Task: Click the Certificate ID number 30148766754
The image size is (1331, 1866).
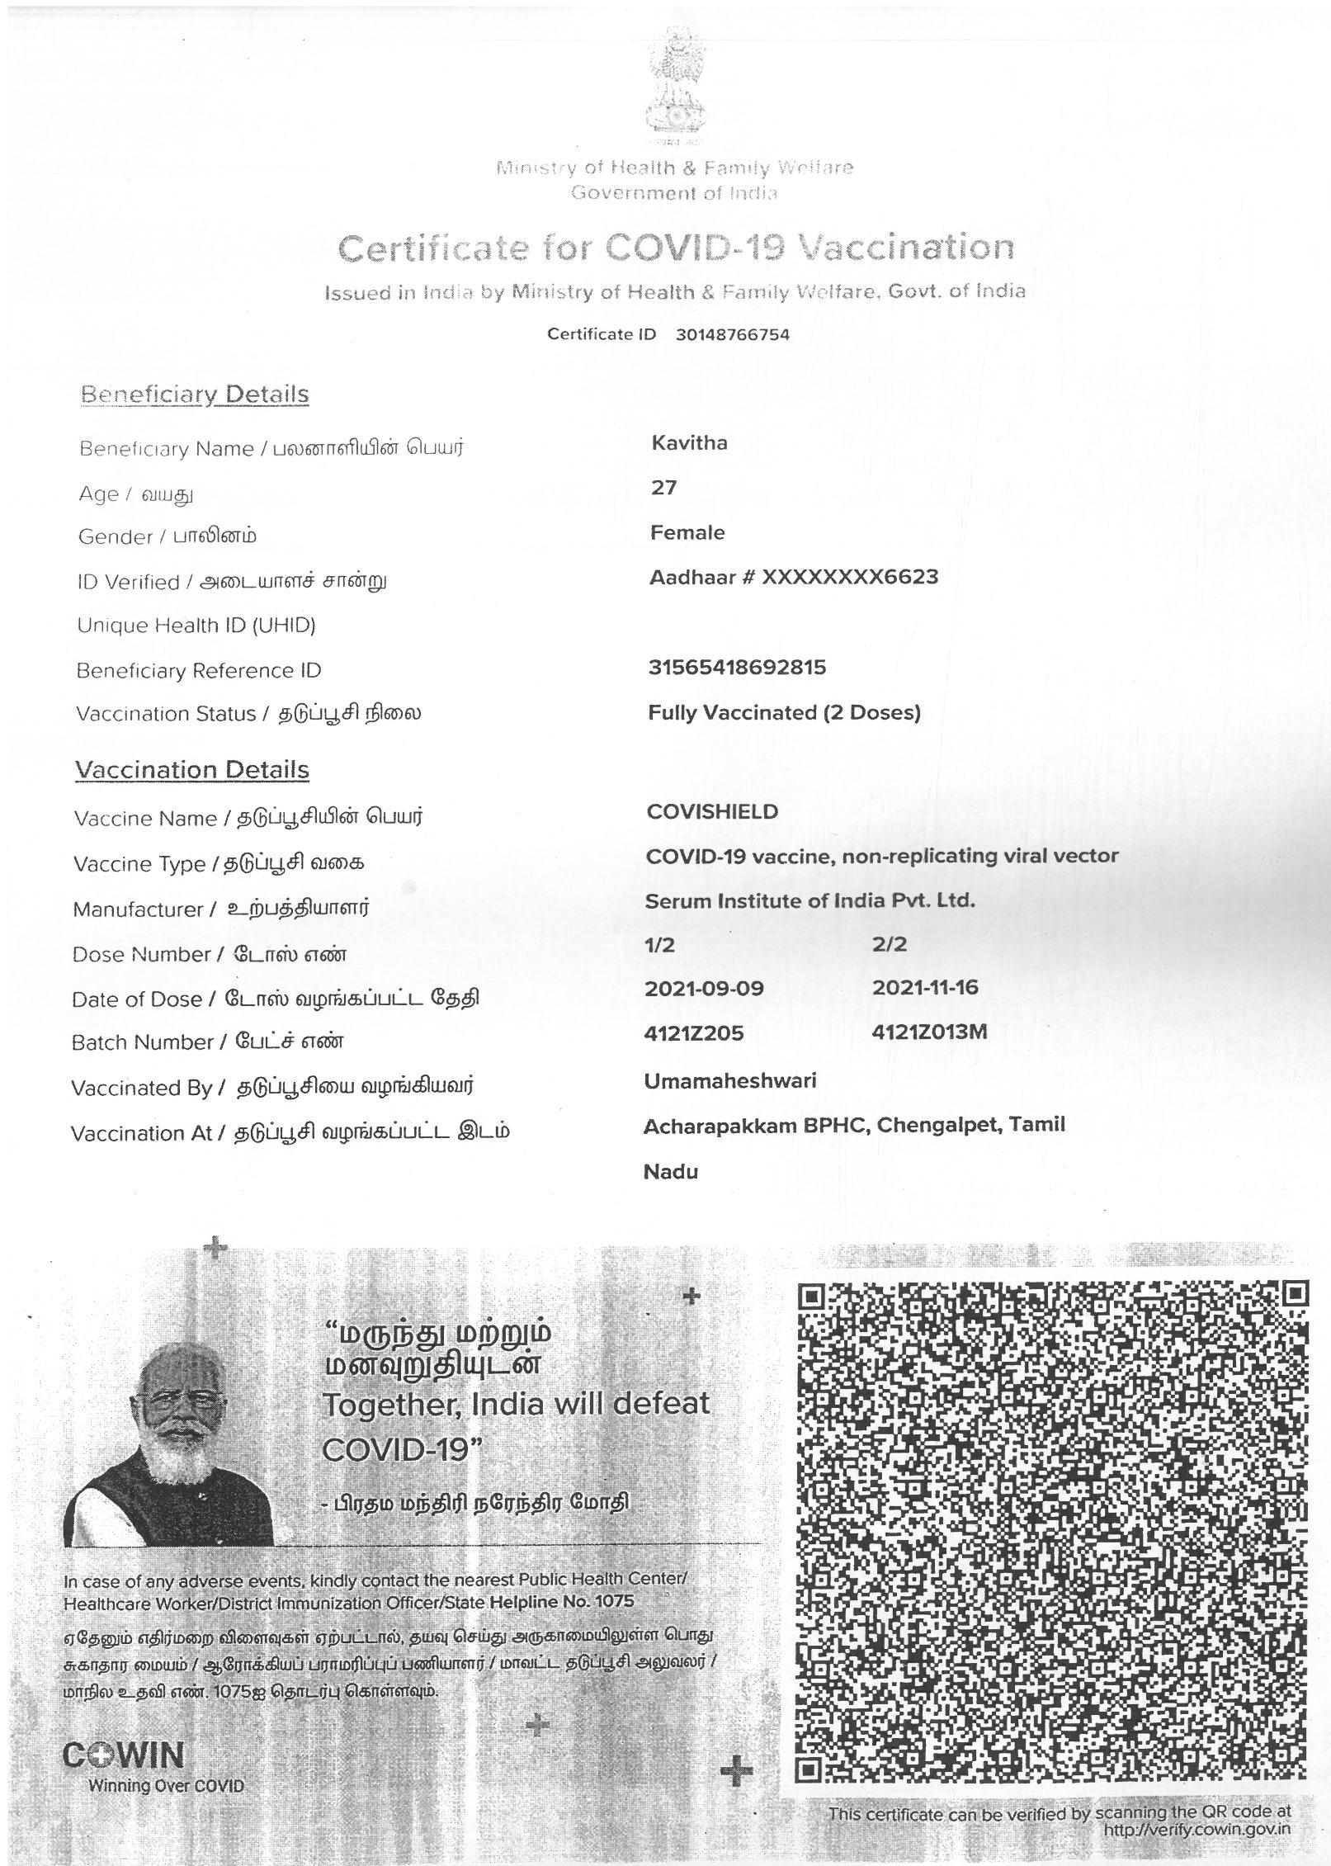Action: pyautogui.click(x=732, y=334)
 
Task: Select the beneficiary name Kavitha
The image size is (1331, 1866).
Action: pyautogui.click(x=689, y=443)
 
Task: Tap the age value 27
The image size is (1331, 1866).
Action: pyautogui.click(x=663, y=488)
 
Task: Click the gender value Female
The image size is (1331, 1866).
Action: pyautogui.click(x=687, y=532)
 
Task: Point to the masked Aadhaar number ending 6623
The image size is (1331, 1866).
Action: pyautogui.click(x=849, y=577)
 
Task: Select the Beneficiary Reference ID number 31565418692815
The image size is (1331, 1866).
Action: pyautogui.click(x=737, y=667)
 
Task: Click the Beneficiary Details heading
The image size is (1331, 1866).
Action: pyautogui.click(x=195, y=394)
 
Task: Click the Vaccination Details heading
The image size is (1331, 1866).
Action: pyautogui.click(x=192, y=769)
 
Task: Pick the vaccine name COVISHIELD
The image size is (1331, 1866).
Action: pyautogui.click(x=712, y=811)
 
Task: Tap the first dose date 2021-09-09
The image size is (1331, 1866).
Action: pyautogui.click(x=705, y=988)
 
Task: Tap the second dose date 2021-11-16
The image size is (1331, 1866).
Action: pyautogui.click(x=925, y=987)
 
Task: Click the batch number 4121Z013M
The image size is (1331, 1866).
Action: pyautogui.click(x=929, y=1032)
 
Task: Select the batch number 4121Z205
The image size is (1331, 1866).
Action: pyautogui.click(x=694, y=1033)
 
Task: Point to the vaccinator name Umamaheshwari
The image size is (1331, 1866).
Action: pyautogui.click(x=729, y=1080)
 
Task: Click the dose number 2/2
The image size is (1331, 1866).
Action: pyautogui.click(x=890, y=944)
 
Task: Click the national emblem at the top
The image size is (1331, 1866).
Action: pyautogui.click(x=676, y=83)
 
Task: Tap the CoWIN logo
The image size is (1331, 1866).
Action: pyautogui.click(x=124, y=1755)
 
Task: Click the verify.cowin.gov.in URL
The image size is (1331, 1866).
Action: pyautogui.click(x=1196, y=1830)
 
